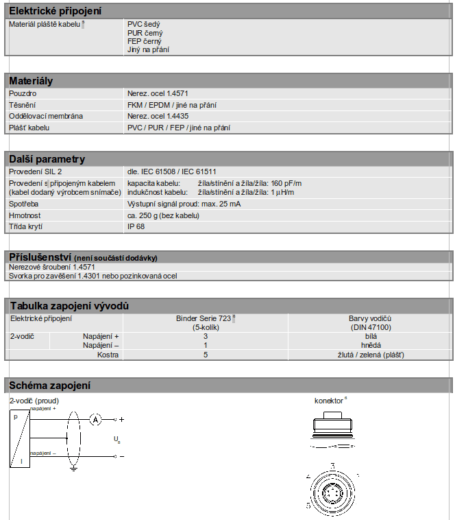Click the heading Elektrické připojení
56,12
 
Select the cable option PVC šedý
144,24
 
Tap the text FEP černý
144,41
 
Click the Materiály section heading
31,81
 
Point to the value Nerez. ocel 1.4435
158,116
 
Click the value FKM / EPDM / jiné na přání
172,105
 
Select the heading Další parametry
47,159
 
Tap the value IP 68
136,226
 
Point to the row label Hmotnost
25,215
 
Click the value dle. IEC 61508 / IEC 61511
173,172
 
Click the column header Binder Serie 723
205,318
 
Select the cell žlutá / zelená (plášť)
370,355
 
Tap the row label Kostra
108,355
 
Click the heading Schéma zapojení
49,386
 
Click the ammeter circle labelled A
97,418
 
